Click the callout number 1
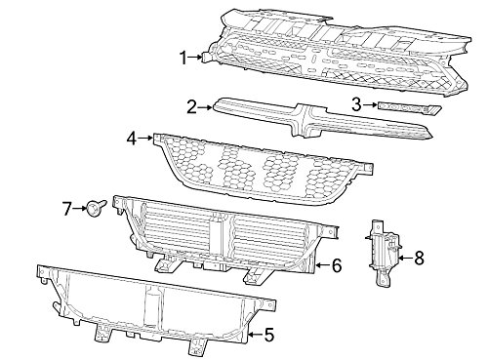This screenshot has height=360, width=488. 183,59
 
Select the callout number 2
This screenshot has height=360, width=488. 191,107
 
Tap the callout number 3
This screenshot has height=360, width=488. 356,104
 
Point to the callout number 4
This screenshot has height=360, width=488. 132,139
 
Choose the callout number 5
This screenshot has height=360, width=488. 269,336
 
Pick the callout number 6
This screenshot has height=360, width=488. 337,265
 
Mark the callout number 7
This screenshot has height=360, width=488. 66,209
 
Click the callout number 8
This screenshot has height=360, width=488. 420,259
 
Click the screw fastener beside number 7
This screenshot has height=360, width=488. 97,206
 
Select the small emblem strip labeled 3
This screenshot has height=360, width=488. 410,108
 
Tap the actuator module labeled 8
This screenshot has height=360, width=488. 385,253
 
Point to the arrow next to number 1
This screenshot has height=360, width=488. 195,58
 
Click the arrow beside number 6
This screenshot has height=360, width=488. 323,265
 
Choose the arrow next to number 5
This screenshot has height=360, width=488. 256,335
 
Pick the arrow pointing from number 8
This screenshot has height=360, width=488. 406,258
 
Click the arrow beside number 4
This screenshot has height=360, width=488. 145,138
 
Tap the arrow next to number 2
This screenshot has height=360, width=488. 205,106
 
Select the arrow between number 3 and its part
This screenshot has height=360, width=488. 370,104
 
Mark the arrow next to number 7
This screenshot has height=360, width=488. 79,208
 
